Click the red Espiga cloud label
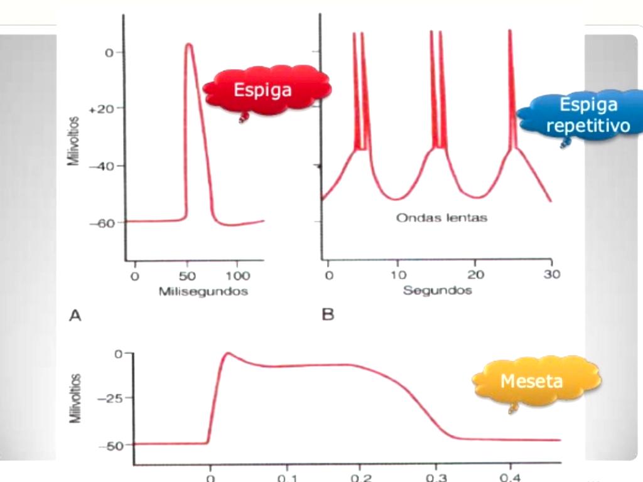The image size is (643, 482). pyautogui.click(x=264, y=90)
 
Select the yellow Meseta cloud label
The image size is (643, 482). pyautogui.click(x=531, y=382)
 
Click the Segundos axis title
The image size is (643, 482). pyautogui.click(x=437, y=291)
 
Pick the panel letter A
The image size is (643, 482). pyautogui.click(x=75, y=316)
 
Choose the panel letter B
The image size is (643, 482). pyautogui.click(x=328, y=315)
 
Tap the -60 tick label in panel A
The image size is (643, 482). pyautogui.click(x=101, y=223)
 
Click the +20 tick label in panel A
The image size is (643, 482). pyautogui.click(x=101, y=109)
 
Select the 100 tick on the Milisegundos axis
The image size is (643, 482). pyautogui.click(x=237, y=276)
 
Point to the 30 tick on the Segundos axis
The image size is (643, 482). pyautogui.click(x=553, y=276)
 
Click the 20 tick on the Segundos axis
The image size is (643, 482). pyautogui.click(x=475, y=276)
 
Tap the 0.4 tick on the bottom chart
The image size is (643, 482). pyautogui.click(x=510, y=476)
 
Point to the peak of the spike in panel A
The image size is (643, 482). pyautogui.click(x=189, y=44)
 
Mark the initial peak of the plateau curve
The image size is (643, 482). pyautogui.click(x=229, y=353)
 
